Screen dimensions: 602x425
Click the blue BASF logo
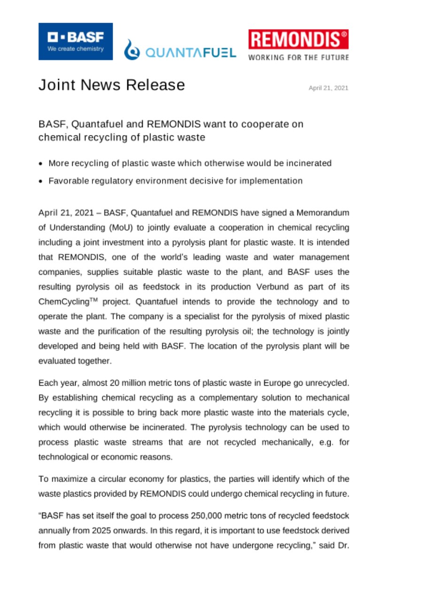(76, 41)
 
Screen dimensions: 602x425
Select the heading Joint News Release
(111, 85)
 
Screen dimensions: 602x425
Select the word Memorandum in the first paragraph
(321, 213)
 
